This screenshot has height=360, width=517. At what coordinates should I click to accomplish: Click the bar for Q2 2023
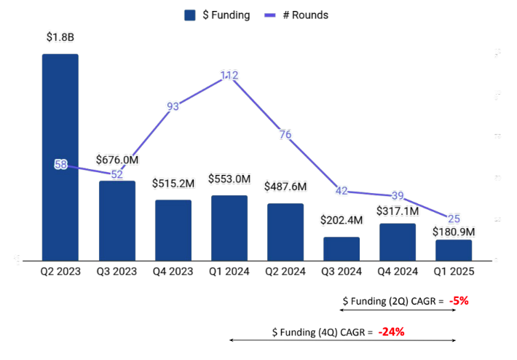pos(60,157)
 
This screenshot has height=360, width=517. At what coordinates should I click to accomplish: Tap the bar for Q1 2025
pos(454,250)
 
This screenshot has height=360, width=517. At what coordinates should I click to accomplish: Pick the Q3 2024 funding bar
pos(342,249)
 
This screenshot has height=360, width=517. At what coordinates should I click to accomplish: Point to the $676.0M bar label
pos(117,159)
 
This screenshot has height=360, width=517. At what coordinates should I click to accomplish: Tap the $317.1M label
pos(398,211)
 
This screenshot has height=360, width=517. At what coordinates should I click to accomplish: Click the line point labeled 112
pos(229,75)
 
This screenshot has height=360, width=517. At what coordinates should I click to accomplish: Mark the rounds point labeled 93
pos(173,106)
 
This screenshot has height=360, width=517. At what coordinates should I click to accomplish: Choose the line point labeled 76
pos(285,134)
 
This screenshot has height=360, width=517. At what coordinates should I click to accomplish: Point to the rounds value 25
pos(454,219)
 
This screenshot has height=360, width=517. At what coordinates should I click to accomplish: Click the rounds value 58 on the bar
pos(60,165)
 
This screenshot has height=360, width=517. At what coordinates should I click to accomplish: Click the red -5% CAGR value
pos(459,300)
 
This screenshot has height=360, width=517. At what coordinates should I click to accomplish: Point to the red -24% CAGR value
pos(391,332)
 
